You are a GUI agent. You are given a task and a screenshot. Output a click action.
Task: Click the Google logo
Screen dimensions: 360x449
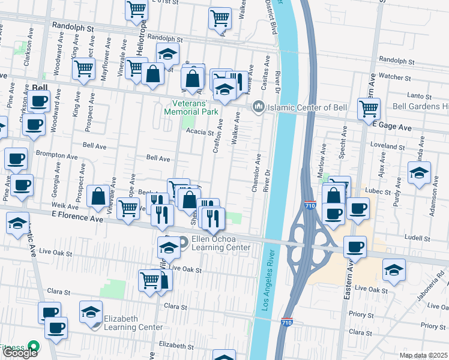coord(20,352)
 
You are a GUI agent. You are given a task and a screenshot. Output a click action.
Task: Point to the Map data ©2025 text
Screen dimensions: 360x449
coord(424,355)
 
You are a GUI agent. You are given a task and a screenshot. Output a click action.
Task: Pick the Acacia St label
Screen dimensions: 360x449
coord(199,132)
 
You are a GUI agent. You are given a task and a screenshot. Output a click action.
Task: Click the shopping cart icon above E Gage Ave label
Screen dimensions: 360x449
coord(369,109)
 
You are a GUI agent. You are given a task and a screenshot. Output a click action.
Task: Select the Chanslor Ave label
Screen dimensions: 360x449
coord(256,173)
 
